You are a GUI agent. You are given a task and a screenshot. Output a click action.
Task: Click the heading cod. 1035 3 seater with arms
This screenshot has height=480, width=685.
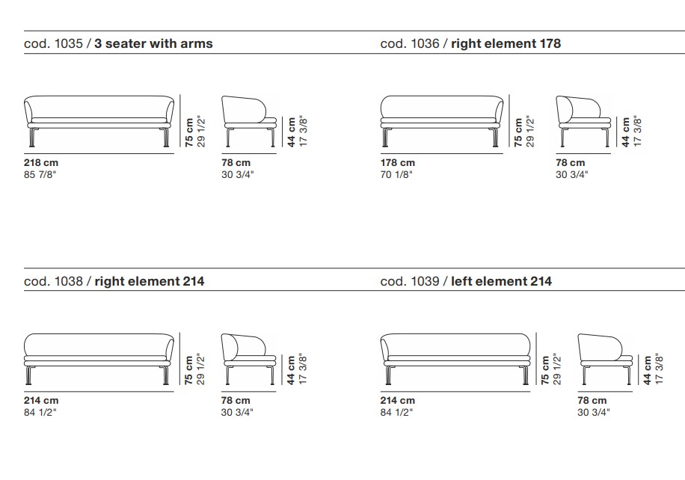tap(118, 43)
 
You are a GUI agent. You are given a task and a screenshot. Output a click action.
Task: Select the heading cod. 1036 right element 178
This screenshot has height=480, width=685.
tap(470, 43)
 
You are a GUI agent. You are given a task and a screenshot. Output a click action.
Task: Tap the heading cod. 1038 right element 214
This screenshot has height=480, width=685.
tap(114, 281)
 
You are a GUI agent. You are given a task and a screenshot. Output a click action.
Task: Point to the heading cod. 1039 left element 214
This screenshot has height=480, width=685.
tap(466, 281)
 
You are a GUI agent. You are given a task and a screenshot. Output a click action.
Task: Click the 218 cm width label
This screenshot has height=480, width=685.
tap(41, 163)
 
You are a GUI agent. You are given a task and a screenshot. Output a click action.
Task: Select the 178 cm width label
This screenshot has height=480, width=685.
tap(398, 163)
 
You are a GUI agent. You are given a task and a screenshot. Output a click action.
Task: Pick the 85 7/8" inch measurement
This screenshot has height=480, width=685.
tap(40, 175)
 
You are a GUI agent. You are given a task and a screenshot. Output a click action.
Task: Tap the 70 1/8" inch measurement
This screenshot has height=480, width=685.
tap(396, 175)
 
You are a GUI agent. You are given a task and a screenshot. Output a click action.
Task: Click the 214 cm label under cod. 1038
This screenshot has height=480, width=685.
tap(41, 401)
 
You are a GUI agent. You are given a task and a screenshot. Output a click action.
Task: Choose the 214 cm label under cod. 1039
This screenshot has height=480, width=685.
tap(398, 401)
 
